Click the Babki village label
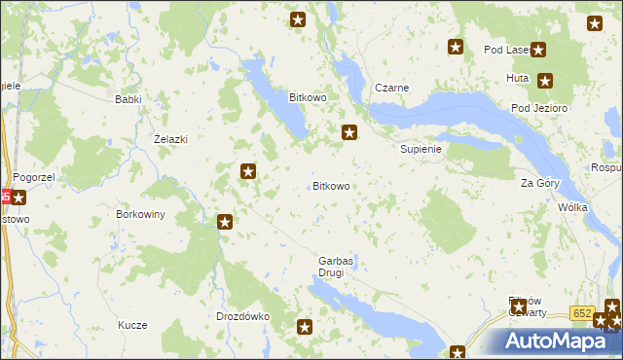[x=128, y=99]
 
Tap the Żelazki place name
[x=170, y=139]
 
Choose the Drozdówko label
[x=241, y=316]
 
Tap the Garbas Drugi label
[x=336, y=267]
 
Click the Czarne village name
[x=391, y=88]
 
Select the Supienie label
[x=421, y=150]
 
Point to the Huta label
[x=517, y=77]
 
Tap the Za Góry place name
[x=540, y=183]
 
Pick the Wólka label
[x=571, y=208]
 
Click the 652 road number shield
[x=582, y=312]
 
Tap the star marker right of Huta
[x=545, y=82]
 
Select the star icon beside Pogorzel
[x=18, y=198]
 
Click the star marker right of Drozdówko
[x=305, y=328]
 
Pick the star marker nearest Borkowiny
[x=225, y=222]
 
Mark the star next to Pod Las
[x=537, y=51]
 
